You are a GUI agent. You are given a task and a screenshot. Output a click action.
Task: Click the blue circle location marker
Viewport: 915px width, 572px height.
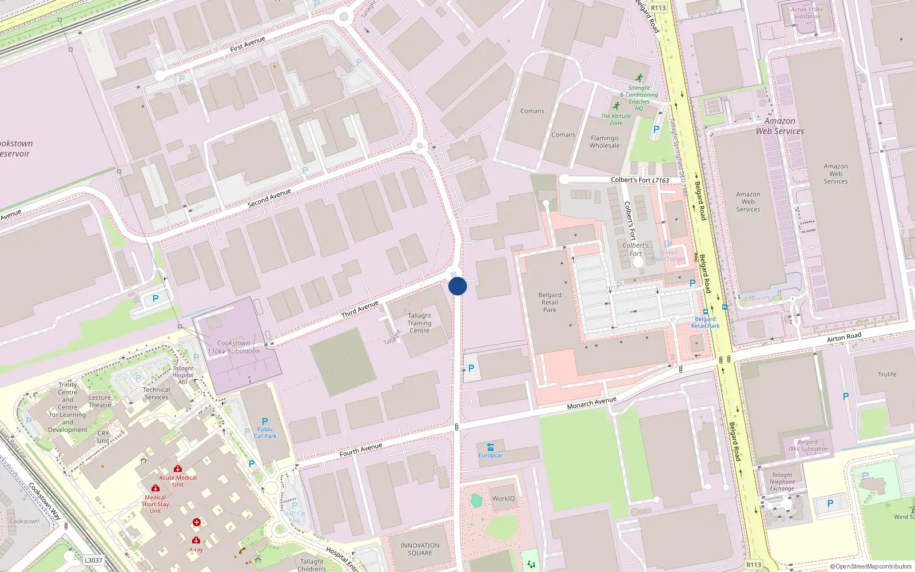(x=457, y=286)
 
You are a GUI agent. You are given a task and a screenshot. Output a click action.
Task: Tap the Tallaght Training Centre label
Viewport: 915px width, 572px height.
(x=419, y=323)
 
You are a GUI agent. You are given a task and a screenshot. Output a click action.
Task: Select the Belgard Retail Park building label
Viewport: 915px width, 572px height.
(x=550, y=303)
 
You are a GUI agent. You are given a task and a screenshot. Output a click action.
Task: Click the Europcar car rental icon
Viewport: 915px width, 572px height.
(x=490, y=447)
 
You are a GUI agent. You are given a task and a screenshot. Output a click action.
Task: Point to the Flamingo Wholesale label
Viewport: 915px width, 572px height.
(x=604, y=142)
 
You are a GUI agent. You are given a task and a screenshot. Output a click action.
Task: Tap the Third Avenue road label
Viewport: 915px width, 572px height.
(x=360, y=309)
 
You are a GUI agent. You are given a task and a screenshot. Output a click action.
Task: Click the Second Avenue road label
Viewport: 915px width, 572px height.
(x=269, y=198)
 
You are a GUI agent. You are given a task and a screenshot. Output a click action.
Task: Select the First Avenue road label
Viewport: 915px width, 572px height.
(x=248, y=44)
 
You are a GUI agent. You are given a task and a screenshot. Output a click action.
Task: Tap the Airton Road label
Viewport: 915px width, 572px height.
(x=844, y=337)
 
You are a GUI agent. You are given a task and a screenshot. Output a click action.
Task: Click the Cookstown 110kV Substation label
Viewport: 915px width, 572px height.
(x=233, y=347)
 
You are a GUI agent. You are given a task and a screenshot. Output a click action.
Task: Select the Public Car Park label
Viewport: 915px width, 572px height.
(x=265, y=432)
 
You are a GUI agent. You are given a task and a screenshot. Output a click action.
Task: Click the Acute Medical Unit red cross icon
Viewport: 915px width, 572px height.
(x=178, y=468)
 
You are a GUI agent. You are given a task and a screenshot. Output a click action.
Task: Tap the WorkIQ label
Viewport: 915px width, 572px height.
(x=503, y=499)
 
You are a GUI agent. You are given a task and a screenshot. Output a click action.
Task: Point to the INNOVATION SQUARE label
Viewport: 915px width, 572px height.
(x=420, y=549)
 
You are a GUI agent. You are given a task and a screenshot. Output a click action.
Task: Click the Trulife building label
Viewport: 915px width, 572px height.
(x=887, y=375)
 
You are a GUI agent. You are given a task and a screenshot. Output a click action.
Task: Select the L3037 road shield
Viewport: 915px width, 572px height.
(x=93, y=561)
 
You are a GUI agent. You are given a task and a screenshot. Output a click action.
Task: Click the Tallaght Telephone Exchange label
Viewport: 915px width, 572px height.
(x=782, y=482)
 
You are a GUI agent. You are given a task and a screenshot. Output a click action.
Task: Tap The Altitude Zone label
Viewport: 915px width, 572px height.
(x=616, y=119)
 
